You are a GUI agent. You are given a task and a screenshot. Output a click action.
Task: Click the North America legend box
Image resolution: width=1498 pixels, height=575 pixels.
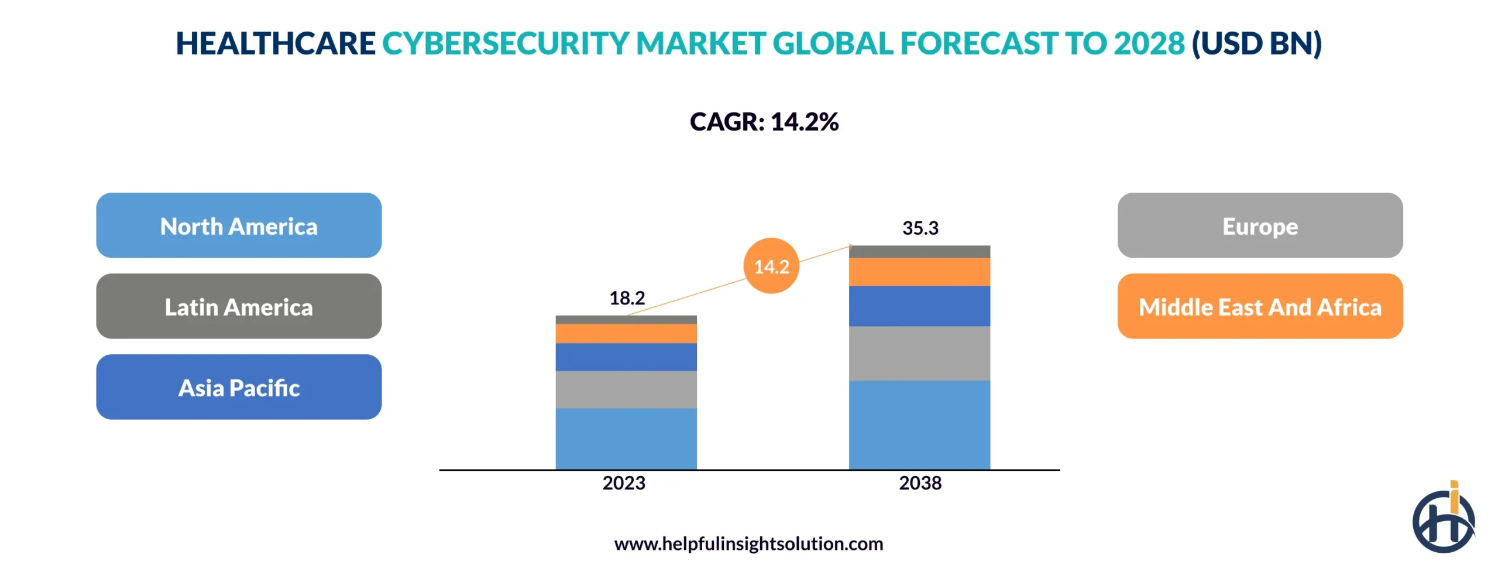(x=239, y=225)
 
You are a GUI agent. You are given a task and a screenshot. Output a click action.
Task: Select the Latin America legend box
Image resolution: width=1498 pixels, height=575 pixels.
(x=239, y=306)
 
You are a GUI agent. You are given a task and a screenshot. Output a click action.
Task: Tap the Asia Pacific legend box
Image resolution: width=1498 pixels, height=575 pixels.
(x=239, y=387)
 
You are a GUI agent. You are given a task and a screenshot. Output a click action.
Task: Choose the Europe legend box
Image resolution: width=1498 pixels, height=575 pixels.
(x=1259, y=225)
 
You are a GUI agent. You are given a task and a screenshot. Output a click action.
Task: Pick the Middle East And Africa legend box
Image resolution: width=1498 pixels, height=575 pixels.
(x=1259, y=306)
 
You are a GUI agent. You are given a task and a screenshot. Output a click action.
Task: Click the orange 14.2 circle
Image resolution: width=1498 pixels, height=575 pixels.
(x=771, y=266)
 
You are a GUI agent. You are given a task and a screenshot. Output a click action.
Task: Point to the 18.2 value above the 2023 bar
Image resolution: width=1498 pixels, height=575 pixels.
(x=627, y=298)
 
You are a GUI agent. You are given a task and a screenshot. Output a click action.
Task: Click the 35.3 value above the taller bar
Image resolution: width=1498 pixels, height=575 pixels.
(x=919, y=228)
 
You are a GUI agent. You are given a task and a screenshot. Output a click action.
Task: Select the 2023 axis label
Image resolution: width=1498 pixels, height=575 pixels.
(x=624, y=483)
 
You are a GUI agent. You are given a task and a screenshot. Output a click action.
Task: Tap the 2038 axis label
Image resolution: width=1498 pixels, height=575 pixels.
(x=919, y=483)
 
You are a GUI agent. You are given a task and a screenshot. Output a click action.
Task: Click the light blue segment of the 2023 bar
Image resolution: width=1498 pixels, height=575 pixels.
(x=626, y=438)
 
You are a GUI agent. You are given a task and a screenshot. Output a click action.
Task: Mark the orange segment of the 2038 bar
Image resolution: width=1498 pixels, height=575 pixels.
(x=919, y=272)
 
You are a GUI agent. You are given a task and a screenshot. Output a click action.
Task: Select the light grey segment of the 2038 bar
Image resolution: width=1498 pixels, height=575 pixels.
(x=919, y=353)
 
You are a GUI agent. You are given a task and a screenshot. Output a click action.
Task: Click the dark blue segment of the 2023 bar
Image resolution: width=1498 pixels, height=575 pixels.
(x=626, y=357)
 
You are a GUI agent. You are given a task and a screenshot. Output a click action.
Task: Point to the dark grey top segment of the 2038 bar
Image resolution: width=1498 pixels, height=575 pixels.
(x=919, y=252)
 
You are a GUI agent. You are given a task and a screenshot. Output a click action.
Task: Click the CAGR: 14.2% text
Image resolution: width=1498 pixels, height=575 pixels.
(x=764, y=122)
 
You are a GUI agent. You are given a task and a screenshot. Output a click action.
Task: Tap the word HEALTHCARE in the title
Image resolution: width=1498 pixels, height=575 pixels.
(x=275, y=43)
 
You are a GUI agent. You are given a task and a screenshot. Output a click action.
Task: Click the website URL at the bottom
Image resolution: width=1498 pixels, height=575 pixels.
(x=748, y=543)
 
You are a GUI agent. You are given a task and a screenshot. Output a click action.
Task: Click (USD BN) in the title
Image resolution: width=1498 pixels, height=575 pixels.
(x=1256, y=43)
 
